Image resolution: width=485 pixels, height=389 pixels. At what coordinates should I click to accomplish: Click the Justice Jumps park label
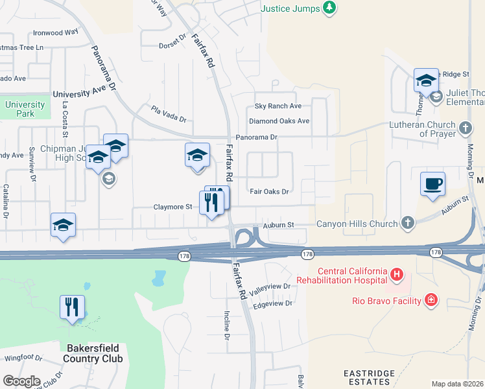click(290, 8)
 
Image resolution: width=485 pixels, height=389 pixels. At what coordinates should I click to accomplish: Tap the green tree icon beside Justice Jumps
click(331, 8)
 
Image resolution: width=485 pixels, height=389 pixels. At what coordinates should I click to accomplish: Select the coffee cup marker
click(432, 184)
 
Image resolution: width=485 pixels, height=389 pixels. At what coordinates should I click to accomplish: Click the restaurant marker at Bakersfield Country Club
click(73, 307)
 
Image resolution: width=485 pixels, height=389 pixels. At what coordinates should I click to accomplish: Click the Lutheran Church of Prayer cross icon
click(466, 128)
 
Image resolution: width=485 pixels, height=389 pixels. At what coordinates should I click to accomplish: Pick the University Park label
click(25, 109)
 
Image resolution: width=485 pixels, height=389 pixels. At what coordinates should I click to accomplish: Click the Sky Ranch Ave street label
click(278, 106)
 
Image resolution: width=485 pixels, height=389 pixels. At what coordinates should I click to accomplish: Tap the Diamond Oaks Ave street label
click(279, 121)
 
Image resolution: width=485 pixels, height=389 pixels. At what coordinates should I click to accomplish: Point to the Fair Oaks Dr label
click(269, 191)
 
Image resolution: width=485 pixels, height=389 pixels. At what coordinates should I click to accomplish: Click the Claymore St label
click(172, 207)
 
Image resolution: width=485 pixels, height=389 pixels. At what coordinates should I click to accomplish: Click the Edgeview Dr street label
click(273, 303)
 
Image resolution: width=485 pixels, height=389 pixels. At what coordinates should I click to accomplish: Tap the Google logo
click(21, 381)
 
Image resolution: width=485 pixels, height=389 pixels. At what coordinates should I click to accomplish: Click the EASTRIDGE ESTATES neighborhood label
click(369, 379)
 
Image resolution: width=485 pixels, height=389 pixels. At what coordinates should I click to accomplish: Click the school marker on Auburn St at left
click(63, 226)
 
